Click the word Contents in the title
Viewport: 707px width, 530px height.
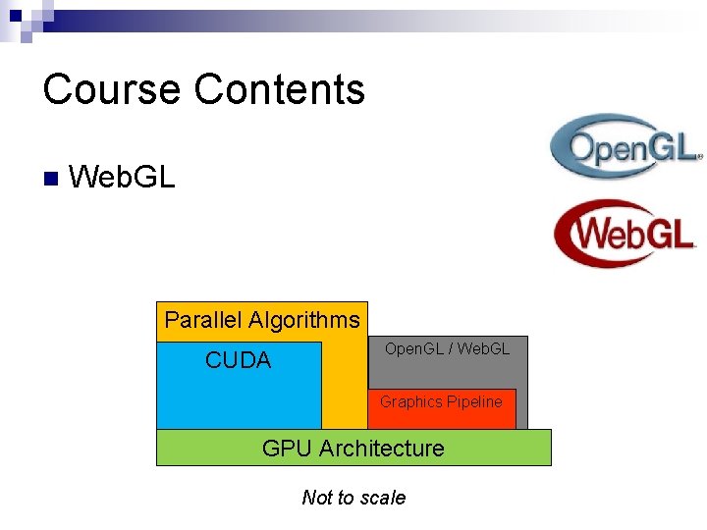(x=280, y=89)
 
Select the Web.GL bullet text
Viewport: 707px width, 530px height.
(x=123, y=178)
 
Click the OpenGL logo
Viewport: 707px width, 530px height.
(x=625, y=147)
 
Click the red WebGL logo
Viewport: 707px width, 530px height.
(x=625, y=234)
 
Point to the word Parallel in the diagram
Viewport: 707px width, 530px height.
(x=203, y=320)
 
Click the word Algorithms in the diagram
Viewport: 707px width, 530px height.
(x=304, y=320)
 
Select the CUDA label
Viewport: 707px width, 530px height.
(x=238, y=360)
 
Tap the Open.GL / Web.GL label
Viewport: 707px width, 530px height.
(x=447, y=348)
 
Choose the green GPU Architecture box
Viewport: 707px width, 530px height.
(x=353, y=448)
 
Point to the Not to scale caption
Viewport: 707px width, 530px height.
(x=353, y=498)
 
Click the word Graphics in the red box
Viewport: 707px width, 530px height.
(x=410, y=401)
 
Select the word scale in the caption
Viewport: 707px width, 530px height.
(x=382, y=498)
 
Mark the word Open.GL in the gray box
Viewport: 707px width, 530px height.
(x=413, y=348)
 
